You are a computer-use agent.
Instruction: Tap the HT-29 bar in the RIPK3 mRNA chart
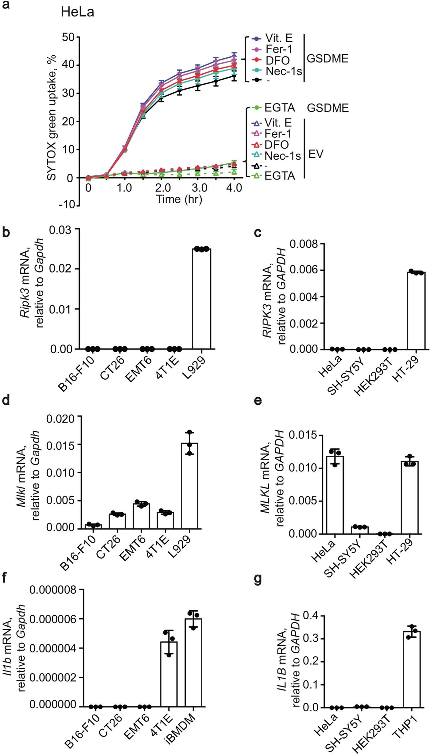coord(416,311)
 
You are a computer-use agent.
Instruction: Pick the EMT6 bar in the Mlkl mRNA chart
coord(141,516)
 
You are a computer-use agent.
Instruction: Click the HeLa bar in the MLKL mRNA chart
coord(335,495)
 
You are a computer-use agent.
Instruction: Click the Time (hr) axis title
coord(179,199)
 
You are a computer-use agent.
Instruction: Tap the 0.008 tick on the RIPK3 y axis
coord(304,244)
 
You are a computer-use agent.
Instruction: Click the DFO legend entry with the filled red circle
coord(277,60)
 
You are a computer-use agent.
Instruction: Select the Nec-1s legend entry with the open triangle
coord(282,156)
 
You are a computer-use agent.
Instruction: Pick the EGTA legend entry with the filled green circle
coord(279,108)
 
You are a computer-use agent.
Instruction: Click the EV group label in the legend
coord(316,154)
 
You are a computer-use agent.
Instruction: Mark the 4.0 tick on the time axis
coord(234,188)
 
